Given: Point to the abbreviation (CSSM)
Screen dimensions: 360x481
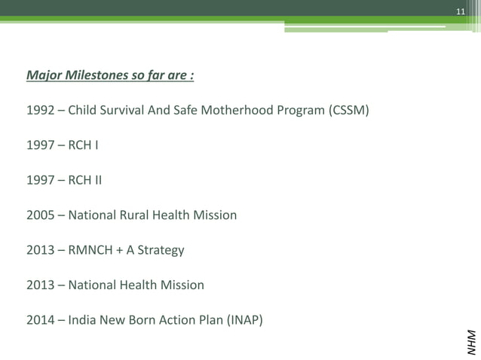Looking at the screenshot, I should (x=349, y=111).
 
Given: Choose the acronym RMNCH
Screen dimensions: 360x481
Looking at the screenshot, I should (x=93, y=250).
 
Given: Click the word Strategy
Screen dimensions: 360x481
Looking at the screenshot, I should (x=164, y=250).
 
